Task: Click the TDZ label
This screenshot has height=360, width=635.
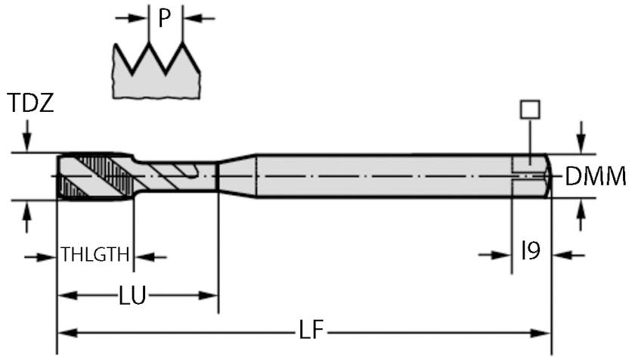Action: pos(31,103)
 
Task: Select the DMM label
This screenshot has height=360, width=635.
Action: pos(596,176)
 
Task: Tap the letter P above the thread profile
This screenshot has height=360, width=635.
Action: pos(164,18)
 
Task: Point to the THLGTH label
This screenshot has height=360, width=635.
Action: pos(95,255)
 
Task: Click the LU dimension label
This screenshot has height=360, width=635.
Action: pos(132,295)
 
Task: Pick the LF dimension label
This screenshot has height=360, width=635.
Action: pos(311,329)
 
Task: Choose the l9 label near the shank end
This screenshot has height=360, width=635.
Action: pos(531,250)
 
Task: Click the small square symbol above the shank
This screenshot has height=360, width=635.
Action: pos(530,110)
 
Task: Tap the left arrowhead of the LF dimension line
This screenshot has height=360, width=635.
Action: pos(67,334)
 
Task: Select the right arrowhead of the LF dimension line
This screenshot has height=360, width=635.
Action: pos(541,334)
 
